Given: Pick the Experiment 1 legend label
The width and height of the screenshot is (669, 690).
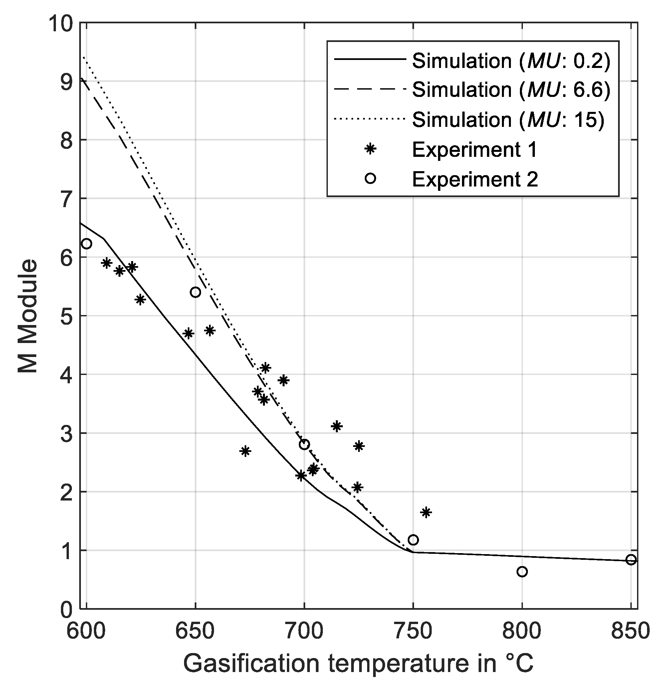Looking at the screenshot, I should pos(474,150).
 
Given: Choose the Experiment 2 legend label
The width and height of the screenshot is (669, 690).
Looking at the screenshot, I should pos(475,179).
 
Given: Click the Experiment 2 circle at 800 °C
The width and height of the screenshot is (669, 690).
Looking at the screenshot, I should pos(522,572).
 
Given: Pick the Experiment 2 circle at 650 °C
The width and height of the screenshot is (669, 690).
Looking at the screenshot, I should pos(195,292).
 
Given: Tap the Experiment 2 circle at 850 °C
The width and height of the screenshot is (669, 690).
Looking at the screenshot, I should pos(631,560).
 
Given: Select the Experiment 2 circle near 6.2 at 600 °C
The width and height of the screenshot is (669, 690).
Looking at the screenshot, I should pos(87,244).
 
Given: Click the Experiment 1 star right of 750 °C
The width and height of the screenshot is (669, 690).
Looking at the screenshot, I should pos(426,513).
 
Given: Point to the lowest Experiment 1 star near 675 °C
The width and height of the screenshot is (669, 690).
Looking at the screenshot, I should pos(245,451).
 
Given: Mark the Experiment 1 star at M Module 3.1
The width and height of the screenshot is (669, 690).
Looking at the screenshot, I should pos(337,426).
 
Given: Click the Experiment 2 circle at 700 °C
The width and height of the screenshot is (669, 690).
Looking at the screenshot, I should pos(305,445).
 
